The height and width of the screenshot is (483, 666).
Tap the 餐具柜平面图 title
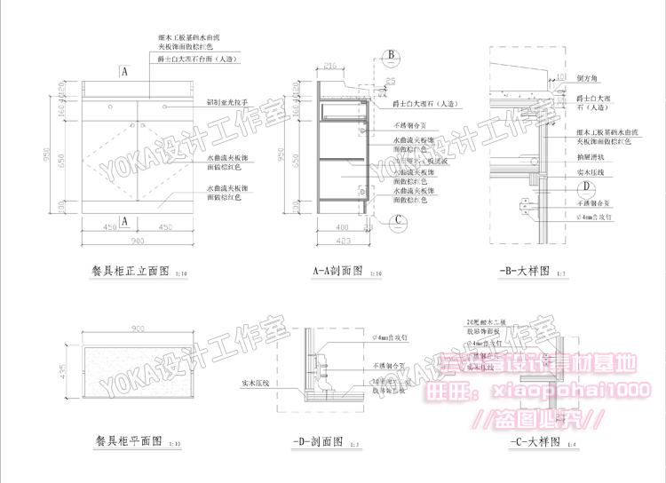128,439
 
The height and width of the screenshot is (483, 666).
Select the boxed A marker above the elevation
125,69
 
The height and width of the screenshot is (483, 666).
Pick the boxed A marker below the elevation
125,220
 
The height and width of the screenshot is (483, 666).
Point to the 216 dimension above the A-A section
330,65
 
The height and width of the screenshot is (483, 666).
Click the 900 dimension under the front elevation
138,241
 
